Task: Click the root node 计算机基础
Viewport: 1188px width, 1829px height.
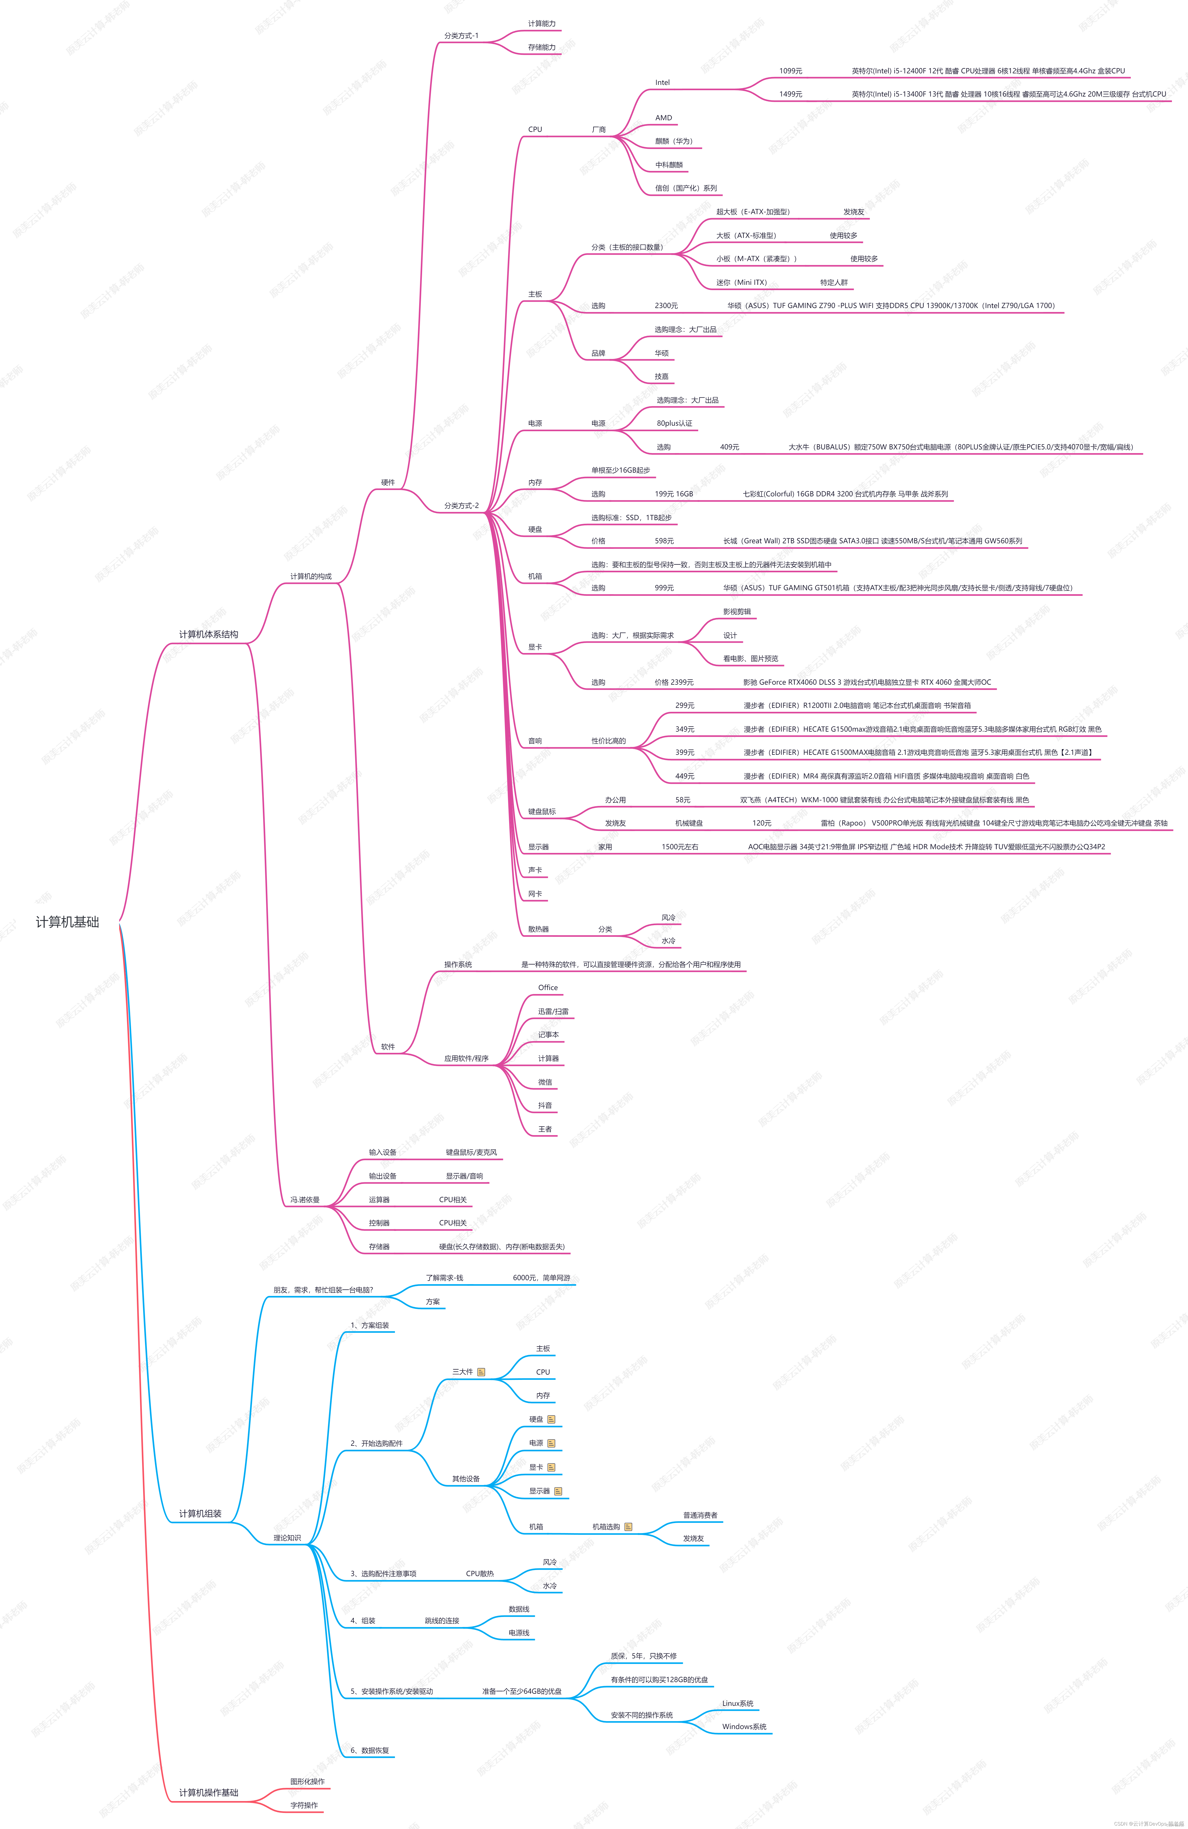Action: (67, 922)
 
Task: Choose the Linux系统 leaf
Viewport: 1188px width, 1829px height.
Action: (738, 1704)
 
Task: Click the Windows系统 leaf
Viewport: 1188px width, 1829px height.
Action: (744, 1727)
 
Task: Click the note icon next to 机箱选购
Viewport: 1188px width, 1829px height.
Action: (628, 1527)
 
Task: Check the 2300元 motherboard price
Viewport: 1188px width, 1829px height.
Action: (666, 306)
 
